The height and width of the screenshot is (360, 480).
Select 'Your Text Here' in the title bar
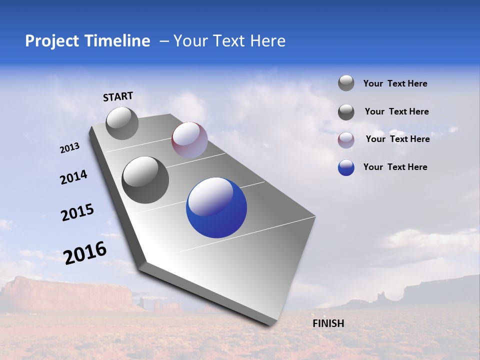click(229, 41)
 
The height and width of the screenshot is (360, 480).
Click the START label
click(118, 96)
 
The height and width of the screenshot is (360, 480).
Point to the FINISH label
click(328, 323)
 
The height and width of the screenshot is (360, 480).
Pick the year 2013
click(69, 148)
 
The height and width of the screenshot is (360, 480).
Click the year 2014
click(73, 177)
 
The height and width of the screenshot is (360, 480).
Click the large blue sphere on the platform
click(216, 207)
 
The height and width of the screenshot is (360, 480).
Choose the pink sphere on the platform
click(189, 140)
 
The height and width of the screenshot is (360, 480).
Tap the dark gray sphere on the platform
click(145, 180)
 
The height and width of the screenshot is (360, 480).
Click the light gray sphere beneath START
click(122, 123)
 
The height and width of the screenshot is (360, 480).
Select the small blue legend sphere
click(346, 167)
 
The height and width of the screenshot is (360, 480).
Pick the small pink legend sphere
click(346, 140)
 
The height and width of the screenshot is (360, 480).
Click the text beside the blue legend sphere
click(395, 167)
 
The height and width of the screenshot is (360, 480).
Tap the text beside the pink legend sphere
click(397, 139)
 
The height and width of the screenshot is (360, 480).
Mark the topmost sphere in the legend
click(346, 83)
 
